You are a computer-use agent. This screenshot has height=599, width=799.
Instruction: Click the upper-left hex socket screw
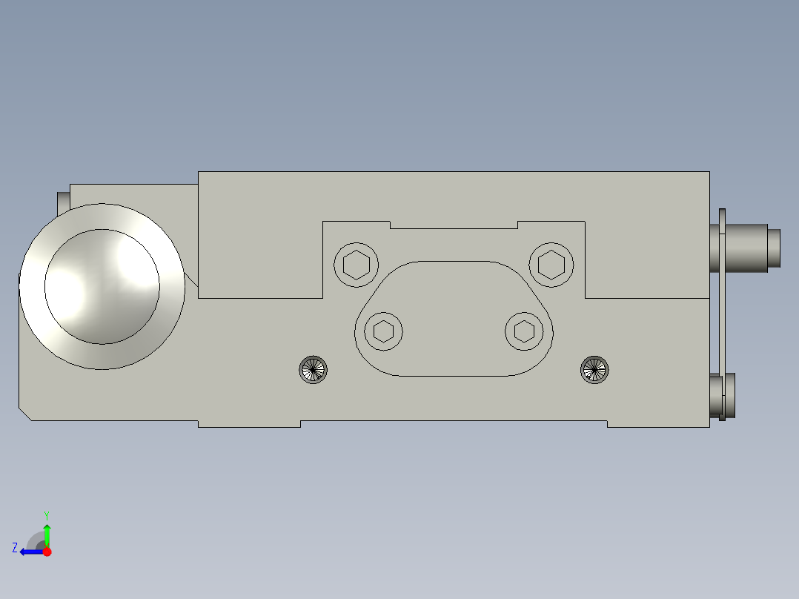[357, 263]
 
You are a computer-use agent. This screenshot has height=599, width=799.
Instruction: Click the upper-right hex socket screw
[552, 263]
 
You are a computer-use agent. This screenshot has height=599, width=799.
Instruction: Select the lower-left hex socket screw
[383, 331]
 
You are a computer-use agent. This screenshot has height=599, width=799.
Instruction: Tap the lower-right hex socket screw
[526, 331]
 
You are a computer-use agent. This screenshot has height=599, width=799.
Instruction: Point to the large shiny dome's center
[102, 286]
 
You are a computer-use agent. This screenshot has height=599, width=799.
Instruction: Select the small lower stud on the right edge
[730, 397]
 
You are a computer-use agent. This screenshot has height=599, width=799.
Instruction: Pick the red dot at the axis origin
[47, 552]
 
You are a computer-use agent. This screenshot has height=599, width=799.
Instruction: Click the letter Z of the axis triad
[15, 547]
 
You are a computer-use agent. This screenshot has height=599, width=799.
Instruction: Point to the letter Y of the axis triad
[46, 514]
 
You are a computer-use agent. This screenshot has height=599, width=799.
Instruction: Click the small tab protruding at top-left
[63, 201]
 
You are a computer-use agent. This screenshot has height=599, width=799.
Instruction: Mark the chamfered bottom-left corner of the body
[25, 413]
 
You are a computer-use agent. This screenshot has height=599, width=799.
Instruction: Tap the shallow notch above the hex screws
[454, 225]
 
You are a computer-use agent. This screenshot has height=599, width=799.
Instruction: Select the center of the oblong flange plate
[454, 319]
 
